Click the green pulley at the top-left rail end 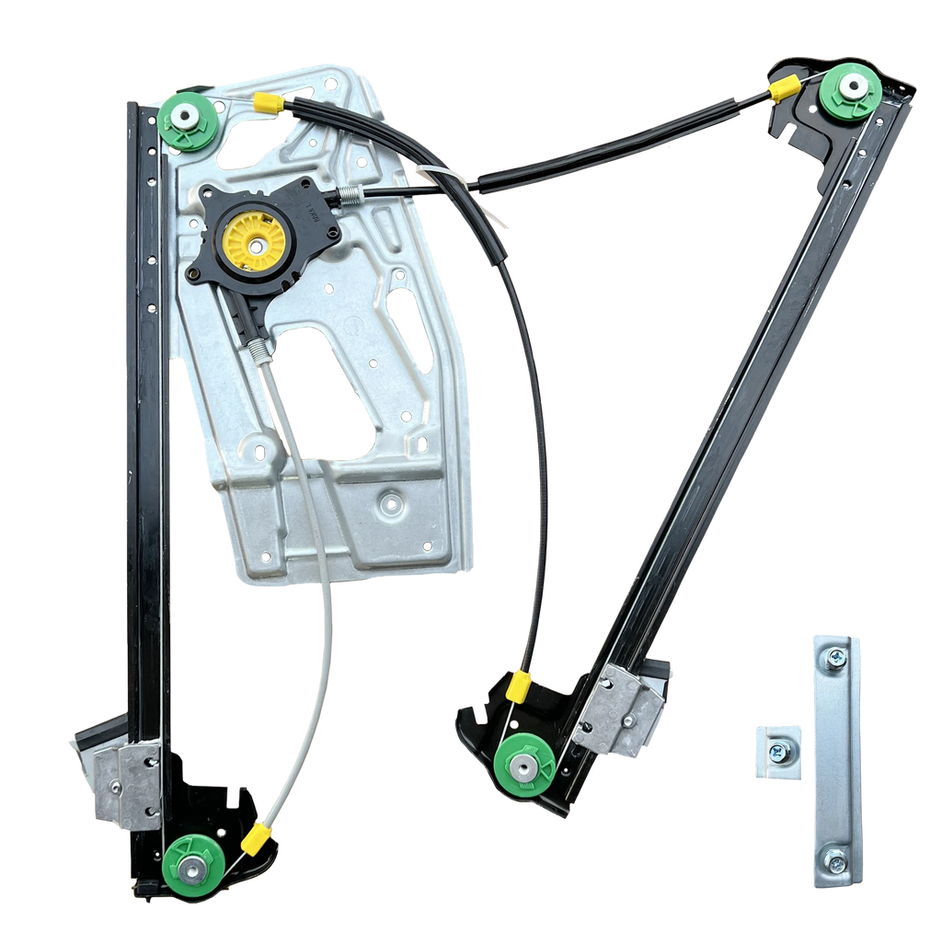click(189, 119)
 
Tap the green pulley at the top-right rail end click(850, 92)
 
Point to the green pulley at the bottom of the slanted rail click(523, 765)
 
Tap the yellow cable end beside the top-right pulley click(784, 88)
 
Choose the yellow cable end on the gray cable click(258, 836)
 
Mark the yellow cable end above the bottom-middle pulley click(520, 685)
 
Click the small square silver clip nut click(778, 752)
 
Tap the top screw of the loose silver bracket click(835, 658)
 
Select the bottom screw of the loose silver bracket click(836, 862)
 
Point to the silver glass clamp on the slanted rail click(622, 709)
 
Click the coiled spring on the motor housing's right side click(350, 193)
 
